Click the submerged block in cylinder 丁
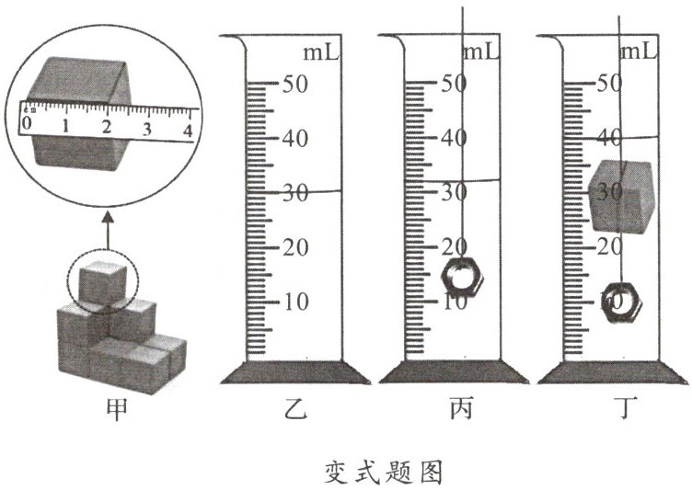[x=622, y=195]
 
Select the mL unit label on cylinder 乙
[x=321, y=51]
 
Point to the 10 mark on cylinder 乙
[x=293, y=302]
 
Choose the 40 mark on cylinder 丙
[x=454, y=139]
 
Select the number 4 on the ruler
[x=188, y=130]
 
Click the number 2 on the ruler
[x=107, y=126]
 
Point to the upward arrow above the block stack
[x=107, y=228]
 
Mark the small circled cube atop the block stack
[x=101, y=280]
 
